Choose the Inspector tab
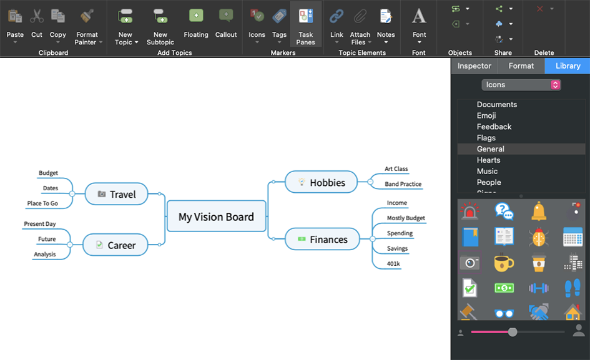click(x=474, y=66)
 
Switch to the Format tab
click(x=521, y=66)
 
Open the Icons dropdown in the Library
click(x=521, y=85)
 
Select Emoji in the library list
click(x=486, y=115)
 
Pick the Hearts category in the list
click(x=488, y=160)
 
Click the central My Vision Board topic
click(x=216, y=217)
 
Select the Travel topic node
click(x=116, y=194)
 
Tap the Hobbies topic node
click(x=321, y=182)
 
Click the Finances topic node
click(x=322, y=240)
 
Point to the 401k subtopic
click(x=393, y=264)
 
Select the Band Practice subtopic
click(x=403, y=184)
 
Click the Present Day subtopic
click(x=40, y=224)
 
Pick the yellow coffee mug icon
click(x=504, y=263)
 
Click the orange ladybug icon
click(x=538, y=237)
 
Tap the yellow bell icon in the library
click(x=539, y=212)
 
